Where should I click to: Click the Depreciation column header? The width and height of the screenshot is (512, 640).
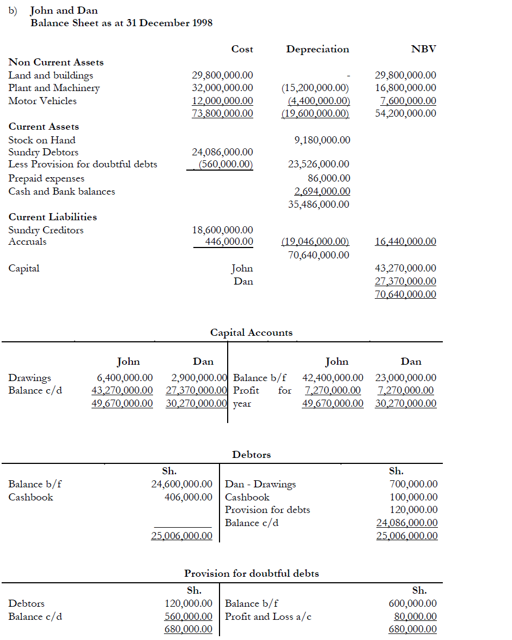[318, 49]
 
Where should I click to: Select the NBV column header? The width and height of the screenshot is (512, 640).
[424, 49]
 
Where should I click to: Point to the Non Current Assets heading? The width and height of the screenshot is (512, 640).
[56, 62]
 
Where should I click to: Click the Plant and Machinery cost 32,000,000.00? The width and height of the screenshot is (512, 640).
[222, 88]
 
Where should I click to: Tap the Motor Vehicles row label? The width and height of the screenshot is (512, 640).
[42, 101]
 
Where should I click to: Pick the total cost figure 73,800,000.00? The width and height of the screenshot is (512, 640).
[222, 113]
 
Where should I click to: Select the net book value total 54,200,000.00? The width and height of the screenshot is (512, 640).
[406, 113]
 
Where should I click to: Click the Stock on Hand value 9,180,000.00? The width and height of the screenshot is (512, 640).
[322, 140]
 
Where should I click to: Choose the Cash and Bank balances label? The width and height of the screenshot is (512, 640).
[62, 191]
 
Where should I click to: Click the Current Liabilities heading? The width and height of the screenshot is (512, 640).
[52, 217]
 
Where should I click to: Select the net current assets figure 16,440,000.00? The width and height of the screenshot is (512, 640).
[406, 241]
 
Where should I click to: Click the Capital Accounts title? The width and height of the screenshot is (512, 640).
[251, 333]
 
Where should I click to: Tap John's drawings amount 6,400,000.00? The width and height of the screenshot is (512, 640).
[125, 378]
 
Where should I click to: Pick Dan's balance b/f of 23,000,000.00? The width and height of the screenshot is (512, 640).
[406, 378]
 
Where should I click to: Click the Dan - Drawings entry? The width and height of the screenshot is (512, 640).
[260, 484]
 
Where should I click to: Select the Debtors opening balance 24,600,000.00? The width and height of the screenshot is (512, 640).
[181, 484]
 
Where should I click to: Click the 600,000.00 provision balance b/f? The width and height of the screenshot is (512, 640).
[412, 603]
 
